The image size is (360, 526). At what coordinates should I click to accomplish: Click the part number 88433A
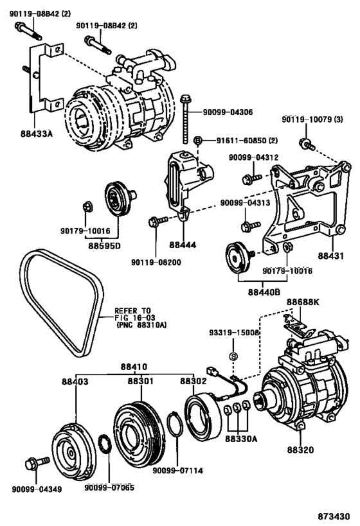coord(37,135)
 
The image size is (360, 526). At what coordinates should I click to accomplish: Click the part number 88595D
coord(106,244)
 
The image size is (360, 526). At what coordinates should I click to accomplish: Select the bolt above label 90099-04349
coord(33,463)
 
